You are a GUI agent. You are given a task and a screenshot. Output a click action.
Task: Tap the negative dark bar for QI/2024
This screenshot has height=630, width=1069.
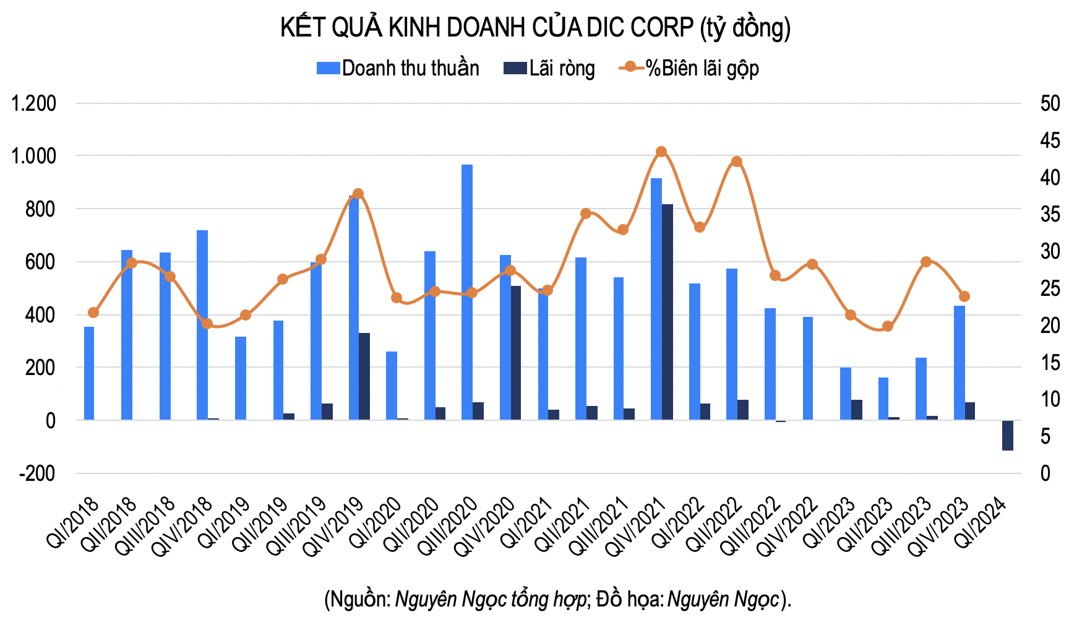(1008, 435)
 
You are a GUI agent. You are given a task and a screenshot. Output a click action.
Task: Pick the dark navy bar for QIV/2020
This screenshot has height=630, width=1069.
(516, 353)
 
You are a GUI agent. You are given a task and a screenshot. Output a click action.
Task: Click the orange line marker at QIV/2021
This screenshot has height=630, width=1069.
(661, 152)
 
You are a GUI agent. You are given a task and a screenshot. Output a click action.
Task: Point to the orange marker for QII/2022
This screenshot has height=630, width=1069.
(737, 162)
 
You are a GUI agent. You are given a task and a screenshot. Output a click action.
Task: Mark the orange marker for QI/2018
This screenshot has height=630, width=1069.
(93, 313)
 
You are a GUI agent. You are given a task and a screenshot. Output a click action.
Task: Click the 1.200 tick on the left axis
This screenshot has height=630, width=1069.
(34, 103)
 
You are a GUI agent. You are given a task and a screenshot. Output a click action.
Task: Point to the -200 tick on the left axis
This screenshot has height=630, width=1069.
(37, 473)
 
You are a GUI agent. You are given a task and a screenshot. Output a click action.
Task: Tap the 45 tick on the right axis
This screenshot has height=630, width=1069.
(1050, 140)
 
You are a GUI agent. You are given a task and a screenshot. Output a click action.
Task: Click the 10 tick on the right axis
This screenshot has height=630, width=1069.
(1050, 399)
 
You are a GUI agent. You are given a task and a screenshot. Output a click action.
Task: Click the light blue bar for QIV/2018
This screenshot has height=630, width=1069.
(202, 325)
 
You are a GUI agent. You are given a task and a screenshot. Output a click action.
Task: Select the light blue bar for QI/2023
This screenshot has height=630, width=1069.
(846, 394)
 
